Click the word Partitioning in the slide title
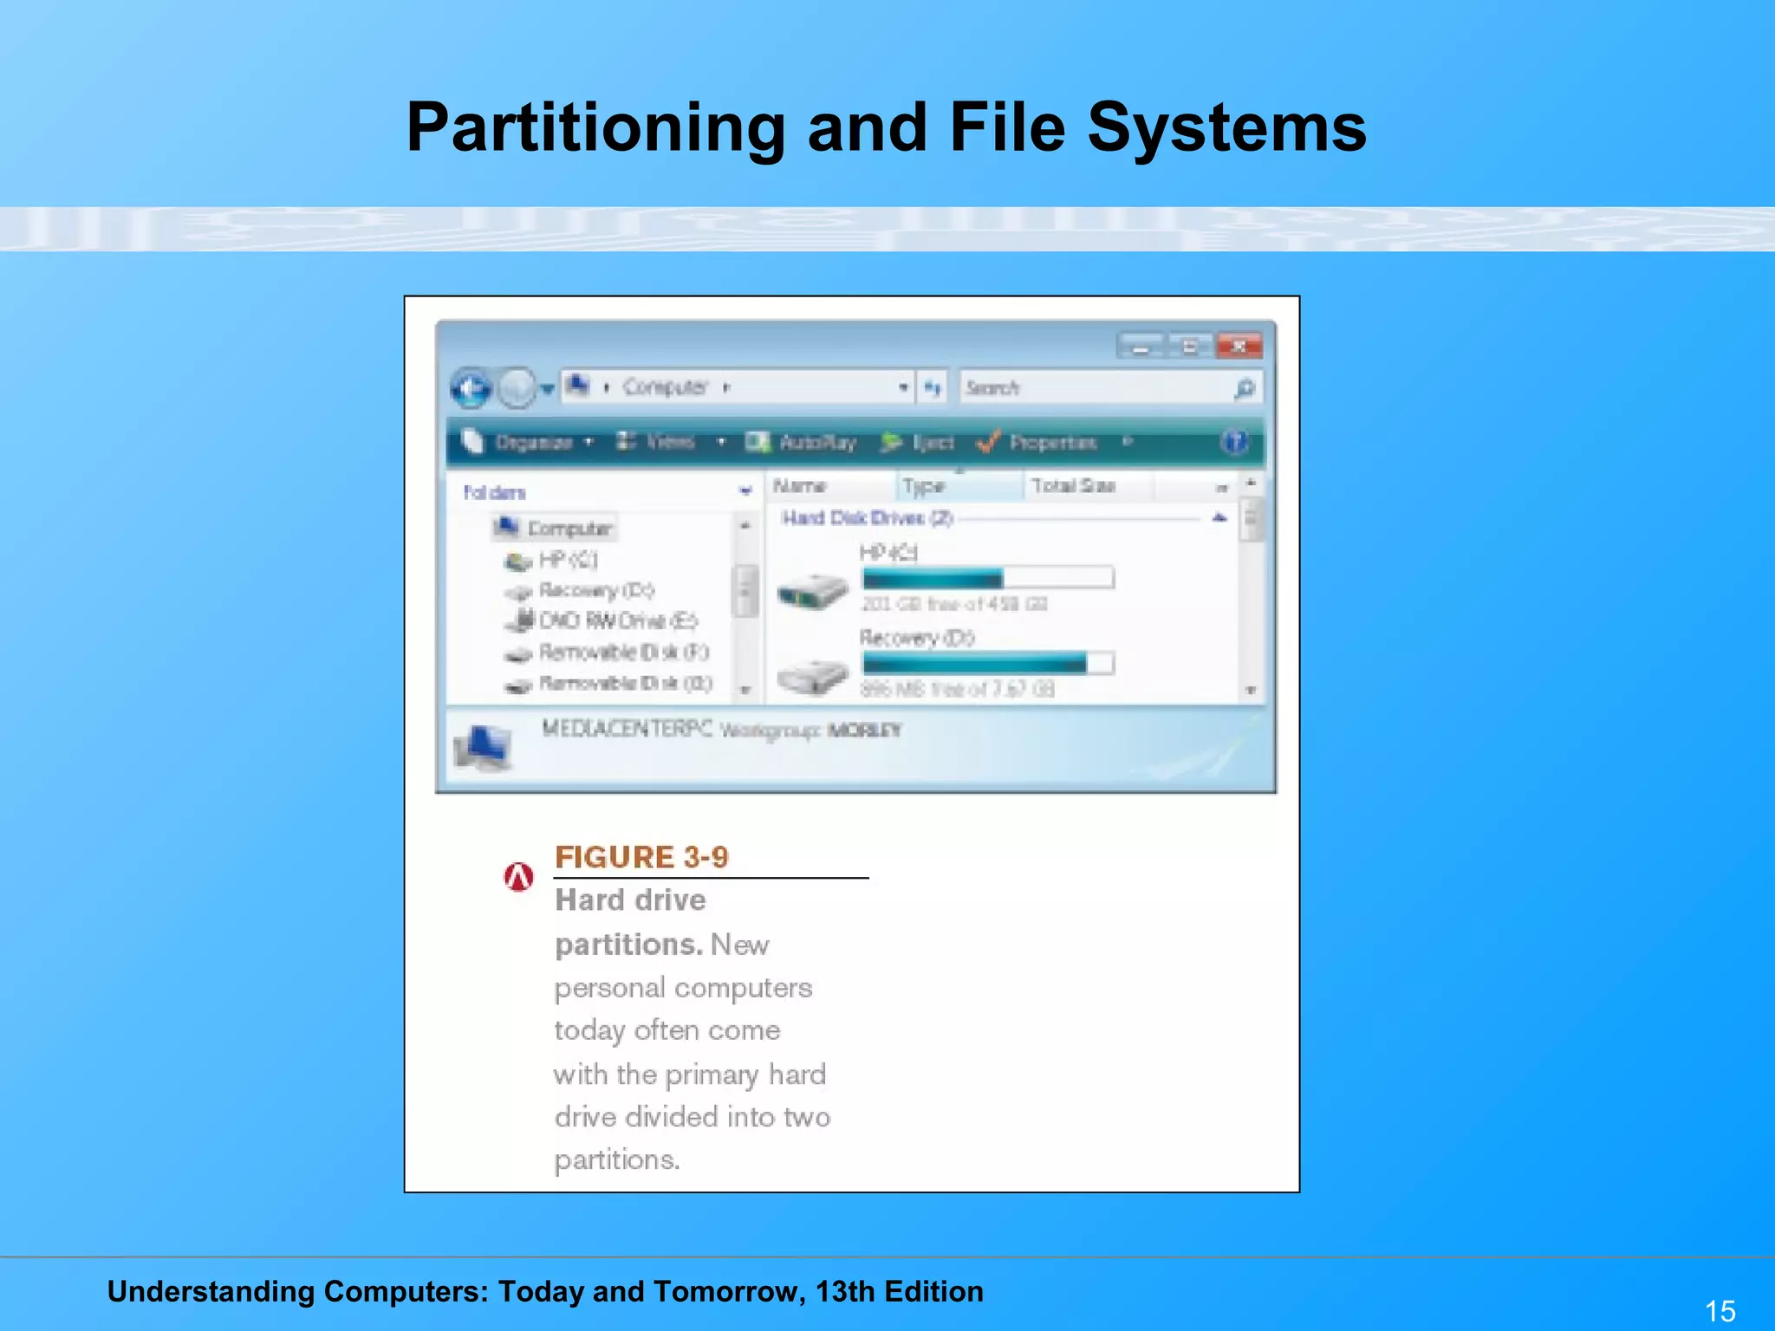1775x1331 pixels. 595,128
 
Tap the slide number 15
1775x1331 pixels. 1720,1310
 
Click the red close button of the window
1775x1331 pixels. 1239,347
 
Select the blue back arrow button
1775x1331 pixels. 471,388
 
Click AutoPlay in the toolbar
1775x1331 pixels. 816,443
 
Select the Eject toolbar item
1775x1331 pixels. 931,443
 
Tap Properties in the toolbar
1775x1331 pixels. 1051,443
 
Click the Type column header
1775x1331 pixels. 923,486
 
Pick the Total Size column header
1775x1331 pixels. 1073,486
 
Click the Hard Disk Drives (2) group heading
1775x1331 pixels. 867,518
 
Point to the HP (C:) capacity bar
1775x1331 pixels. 988,578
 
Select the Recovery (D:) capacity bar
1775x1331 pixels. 988,664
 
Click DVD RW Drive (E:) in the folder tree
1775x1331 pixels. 617,620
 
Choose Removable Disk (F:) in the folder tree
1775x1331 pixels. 623,652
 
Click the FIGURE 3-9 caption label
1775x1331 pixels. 641,857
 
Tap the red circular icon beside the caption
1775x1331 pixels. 519,878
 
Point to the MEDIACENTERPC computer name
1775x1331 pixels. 627,729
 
